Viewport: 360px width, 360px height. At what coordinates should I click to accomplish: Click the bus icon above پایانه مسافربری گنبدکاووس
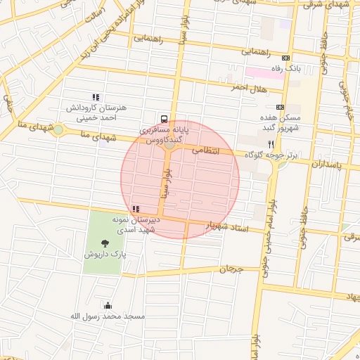(x=164, y=119)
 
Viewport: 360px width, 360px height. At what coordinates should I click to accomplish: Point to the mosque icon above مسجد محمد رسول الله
(x=108, y=305)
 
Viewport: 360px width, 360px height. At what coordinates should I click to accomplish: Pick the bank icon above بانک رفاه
(x=285, y=58)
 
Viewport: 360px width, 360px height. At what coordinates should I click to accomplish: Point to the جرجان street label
(x=231, y=269)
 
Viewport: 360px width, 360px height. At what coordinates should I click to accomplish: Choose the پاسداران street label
(x=325, y=164)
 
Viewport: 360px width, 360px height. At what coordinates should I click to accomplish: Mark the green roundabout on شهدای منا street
(x=58, y=129)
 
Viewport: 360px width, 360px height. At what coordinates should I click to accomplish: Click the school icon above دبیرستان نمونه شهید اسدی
(x=135, y=209)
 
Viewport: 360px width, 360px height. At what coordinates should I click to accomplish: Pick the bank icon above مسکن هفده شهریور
(x=281, y=107)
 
